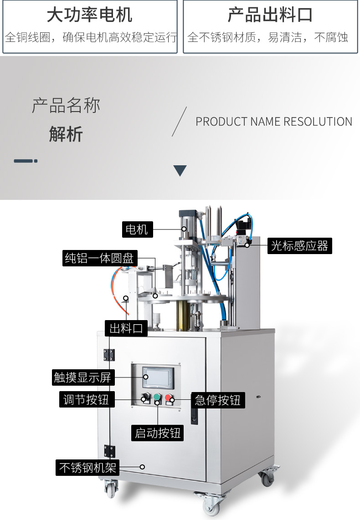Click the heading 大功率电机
[90, 15]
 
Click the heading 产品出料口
[270, 15]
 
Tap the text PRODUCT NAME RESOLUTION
[274, 122]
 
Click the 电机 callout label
[137, 229]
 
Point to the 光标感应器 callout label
[299, 246]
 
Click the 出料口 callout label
[126, 328]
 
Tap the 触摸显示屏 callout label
[82, 377]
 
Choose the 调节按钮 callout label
[87, 399]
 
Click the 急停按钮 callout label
[217, 400]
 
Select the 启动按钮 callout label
[158, 433]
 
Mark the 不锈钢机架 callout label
[87, 467]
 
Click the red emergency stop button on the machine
[170, 397]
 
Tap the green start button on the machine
[158, 397]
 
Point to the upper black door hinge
[109, 355]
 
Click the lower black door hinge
[109, 451]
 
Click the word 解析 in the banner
[66, 135]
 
